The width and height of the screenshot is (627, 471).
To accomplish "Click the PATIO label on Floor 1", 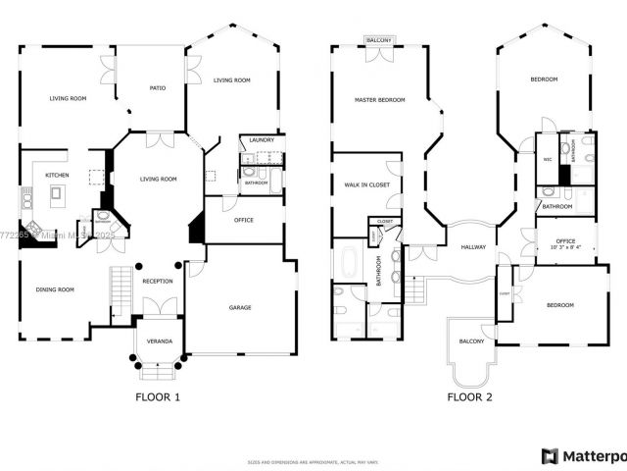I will click(157, 88).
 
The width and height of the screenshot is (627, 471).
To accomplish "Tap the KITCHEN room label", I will click(56, 177).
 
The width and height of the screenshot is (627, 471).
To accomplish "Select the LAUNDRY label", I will click(262, 140).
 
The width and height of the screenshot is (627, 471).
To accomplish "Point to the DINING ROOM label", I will click(55, 289).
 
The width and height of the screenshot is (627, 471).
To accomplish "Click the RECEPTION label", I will click(158, 281).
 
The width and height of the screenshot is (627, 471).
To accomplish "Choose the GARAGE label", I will click(240, 308).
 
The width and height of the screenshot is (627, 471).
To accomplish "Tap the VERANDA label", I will click(159, 341).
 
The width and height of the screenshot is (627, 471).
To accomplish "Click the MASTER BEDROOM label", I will click(379, 100).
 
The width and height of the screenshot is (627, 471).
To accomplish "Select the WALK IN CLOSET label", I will click(366, 184).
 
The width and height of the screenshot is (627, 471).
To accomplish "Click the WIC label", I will click(548, 158).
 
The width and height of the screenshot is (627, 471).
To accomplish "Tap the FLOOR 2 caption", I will click(470, 397).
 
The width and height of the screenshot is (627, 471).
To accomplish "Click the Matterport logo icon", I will click(550, 456).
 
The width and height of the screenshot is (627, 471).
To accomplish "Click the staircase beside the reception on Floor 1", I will click(120, 291).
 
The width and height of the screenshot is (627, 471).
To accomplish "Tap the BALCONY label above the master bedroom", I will click(379, 40).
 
